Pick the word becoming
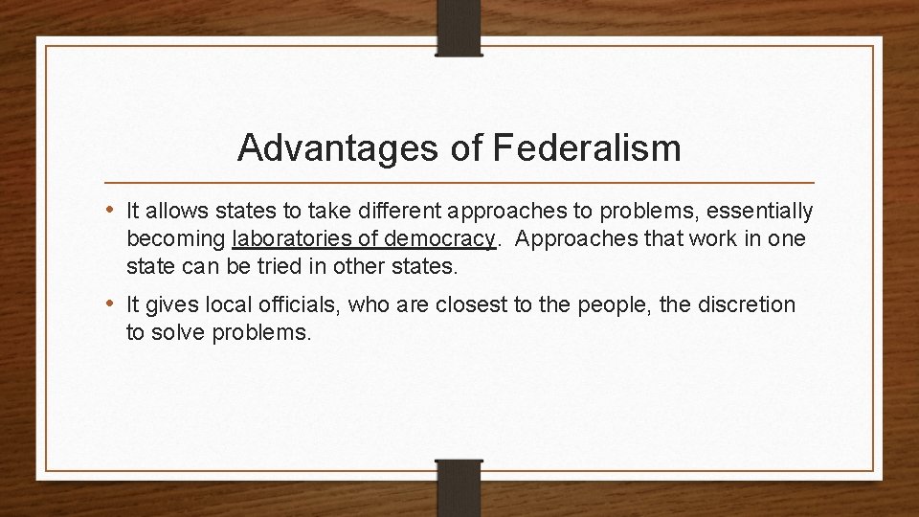[176, 238]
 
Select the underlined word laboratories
[288, 238]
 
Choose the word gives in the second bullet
[173, 304]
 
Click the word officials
[302, 304]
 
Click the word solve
[171, 332]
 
